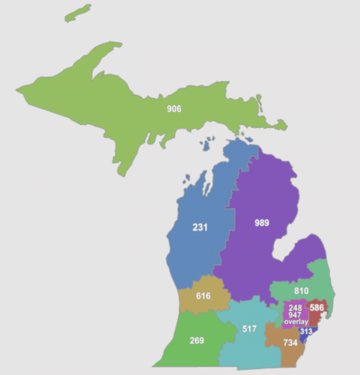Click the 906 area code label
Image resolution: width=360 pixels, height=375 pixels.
174,109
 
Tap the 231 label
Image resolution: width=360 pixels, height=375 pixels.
200,227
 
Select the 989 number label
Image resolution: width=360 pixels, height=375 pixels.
262,223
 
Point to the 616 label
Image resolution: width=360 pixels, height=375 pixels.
203,296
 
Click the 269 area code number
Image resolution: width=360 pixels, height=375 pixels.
197,341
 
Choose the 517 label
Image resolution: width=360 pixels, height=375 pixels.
249,329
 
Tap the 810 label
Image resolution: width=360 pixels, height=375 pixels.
301,291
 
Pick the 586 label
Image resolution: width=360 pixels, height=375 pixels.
317,308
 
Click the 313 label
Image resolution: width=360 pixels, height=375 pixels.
306,332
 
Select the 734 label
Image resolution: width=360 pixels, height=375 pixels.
290,343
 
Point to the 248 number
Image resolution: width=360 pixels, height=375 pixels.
295,308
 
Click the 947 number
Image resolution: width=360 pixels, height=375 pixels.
295,315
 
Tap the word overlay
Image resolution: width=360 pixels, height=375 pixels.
296,322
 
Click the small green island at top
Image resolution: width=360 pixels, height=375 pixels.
78,13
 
